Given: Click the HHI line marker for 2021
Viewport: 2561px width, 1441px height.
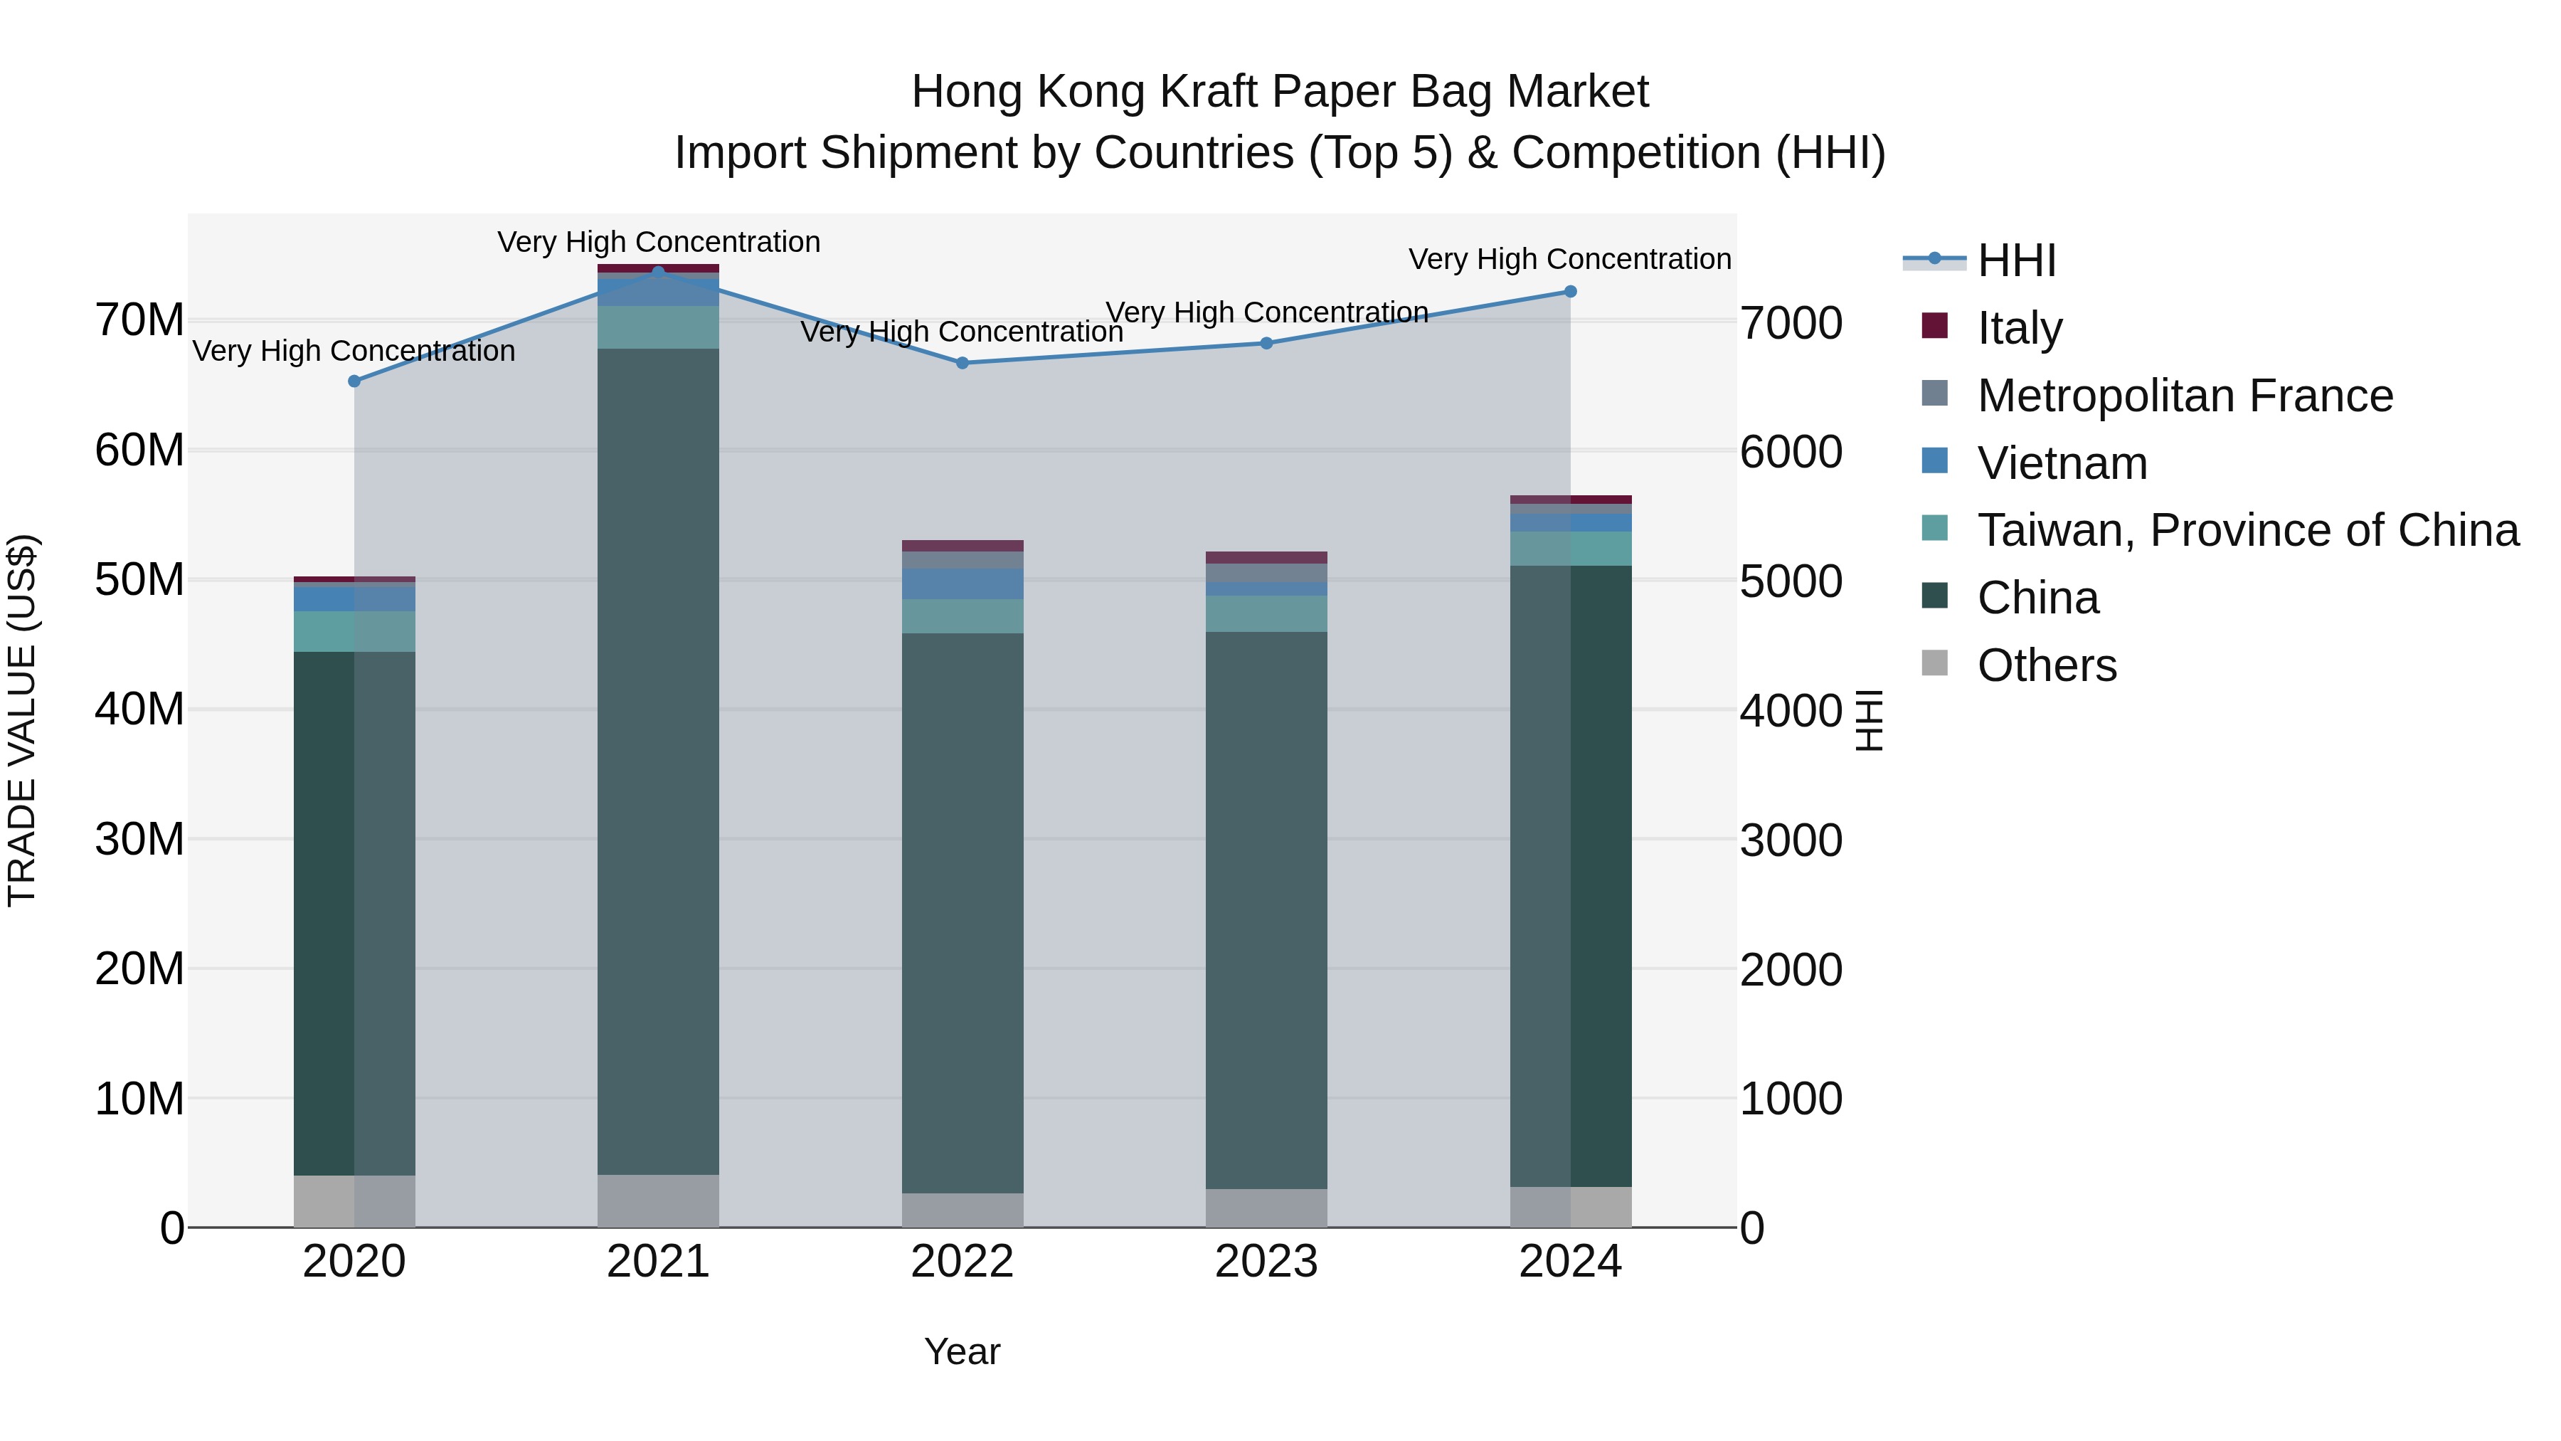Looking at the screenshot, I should tap(658, 272).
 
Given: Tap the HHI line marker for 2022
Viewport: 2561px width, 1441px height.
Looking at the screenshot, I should tap(963, 363).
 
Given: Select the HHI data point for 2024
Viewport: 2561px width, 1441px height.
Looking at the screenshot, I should tap(1571, 291).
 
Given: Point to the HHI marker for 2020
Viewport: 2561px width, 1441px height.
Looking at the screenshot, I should tap(354, 381).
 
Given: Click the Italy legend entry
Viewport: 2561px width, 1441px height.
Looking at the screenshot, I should tap(2019, 327).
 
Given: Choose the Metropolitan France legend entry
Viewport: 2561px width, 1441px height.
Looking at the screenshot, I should tap(2184, 395).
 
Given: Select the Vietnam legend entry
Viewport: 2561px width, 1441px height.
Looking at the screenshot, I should tap(2062, 463).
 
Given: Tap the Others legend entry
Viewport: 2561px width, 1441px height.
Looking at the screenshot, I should tap(2046, 665).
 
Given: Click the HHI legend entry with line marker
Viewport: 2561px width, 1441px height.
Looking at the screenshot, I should tap(2016, 260).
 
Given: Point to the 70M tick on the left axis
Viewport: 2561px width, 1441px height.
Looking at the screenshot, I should tap(139, 320).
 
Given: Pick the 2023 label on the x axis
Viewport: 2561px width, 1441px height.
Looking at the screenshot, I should tap(1266, 1262).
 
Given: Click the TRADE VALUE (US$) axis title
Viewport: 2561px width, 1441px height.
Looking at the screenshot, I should tap(22, 720).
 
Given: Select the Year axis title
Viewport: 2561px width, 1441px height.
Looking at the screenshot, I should tap(963, 1351).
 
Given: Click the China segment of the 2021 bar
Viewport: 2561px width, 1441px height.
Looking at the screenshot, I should tap(658, 761).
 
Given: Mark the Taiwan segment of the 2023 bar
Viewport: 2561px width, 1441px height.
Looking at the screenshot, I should tap(1266, 613).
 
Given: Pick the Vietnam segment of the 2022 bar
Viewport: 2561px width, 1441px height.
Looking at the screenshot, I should tap(963, 584).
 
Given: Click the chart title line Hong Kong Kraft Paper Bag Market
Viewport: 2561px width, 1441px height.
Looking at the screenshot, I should tap(1280, 92).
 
